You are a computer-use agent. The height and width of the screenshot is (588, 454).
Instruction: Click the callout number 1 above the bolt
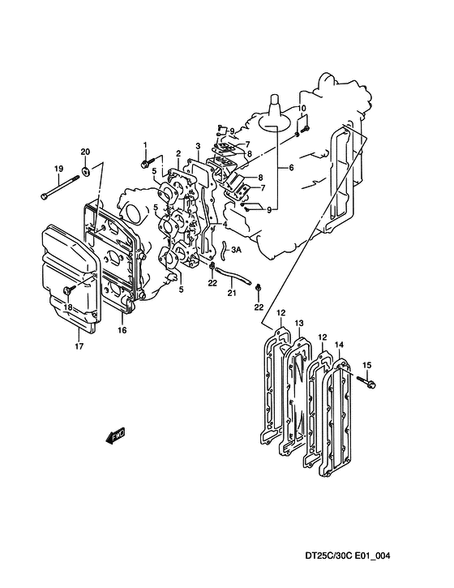pos(145,144)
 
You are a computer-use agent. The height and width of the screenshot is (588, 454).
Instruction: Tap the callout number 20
pos(85,152)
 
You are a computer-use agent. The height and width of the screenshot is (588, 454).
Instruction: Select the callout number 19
pos(58,169)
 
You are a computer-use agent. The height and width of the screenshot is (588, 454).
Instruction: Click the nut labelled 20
pos(86,172)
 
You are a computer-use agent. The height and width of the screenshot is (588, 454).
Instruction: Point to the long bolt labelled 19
pos(60,187)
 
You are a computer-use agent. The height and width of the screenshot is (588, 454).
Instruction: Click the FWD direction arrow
pos(115,436)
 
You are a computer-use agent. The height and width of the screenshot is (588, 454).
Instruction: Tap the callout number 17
pos(79,346)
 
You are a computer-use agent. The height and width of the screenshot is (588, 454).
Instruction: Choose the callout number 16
pos(122,330)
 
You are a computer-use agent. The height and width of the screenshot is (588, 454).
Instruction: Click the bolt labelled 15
pos(366,382)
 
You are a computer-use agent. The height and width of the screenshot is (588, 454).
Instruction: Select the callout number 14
pos(339,345)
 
